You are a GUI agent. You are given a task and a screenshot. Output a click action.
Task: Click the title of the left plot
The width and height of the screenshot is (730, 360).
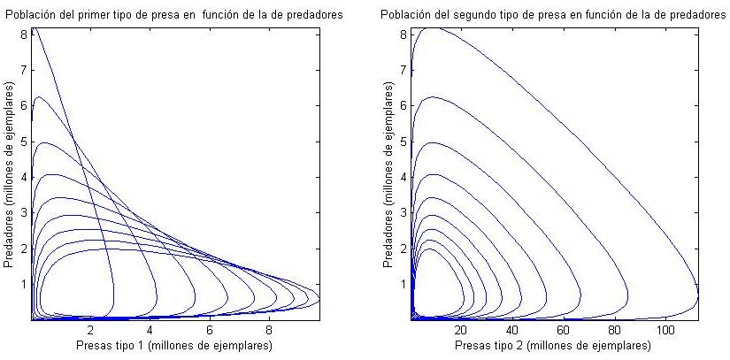[x=174, y=15]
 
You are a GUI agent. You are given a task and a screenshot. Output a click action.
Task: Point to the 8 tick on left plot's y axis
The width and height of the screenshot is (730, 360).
[x=24, y=34]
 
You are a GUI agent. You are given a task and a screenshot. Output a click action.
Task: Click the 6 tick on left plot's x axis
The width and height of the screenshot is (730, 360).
[x=211, y=329]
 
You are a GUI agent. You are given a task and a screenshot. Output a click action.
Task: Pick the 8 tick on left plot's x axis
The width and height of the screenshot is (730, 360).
[x=270, y=329]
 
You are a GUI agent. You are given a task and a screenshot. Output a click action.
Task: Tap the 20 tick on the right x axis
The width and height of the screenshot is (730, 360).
[x=461, y=329]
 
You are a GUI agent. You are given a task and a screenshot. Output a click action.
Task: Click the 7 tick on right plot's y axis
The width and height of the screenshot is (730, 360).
[x=403, y=69]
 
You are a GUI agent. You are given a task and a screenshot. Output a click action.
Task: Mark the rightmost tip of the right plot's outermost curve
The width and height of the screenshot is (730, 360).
[x=698, y=292]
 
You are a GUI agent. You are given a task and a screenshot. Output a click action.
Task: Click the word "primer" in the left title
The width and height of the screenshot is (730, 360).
[x=87, y=15]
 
